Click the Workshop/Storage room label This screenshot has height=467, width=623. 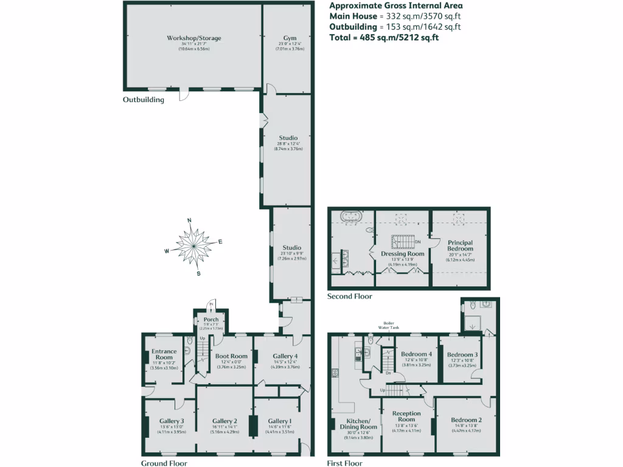194,38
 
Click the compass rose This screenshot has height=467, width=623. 193,246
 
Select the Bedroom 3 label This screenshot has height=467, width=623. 462,355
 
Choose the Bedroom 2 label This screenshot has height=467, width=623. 467,420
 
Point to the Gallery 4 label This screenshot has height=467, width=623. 285,356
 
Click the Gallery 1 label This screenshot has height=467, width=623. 280,421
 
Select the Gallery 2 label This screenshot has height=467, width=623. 224,421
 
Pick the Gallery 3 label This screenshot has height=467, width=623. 172,421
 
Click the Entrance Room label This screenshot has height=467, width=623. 164,355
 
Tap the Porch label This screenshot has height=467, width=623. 211,320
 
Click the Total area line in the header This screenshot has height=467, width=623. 384,37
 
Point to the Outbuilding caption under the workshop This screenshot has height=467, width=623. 144,100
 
